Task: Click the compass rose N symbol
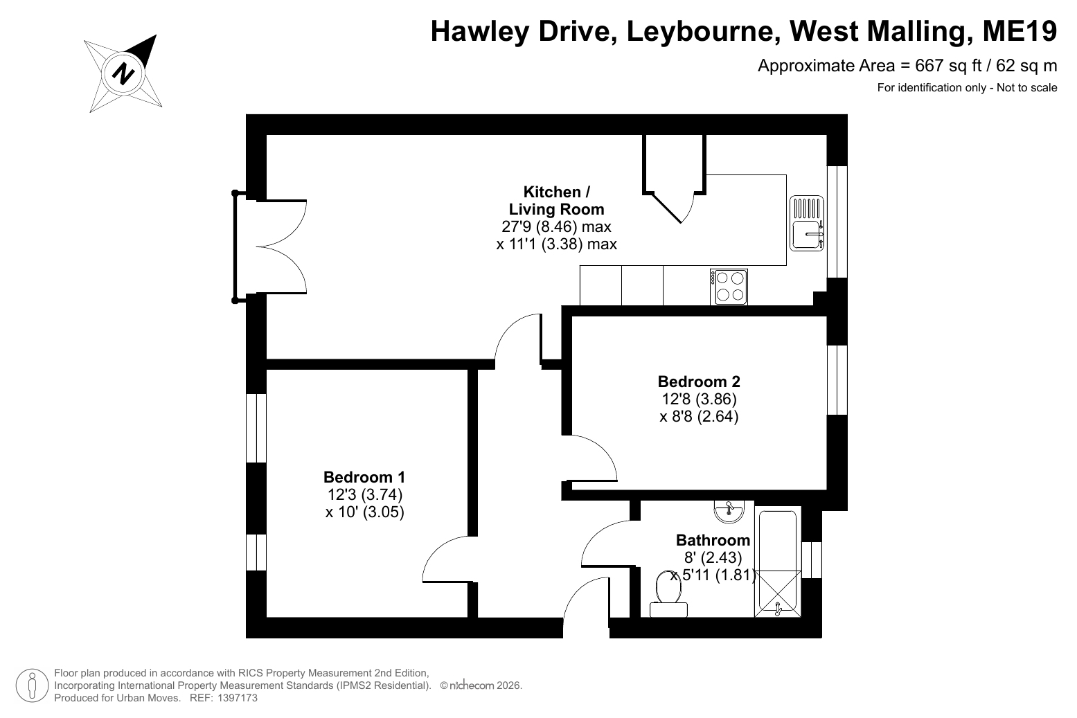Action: (x=123, y=74)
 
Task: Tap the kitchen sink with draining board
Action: (x=807, y=223)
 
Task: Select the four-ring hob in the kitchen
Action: (x=729, y=287)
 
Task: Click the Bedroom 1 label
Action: (x=364, y=477)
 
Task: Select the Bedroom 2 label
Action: (x=699, y=382)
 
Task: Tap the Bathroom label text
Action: (x=713, y=540)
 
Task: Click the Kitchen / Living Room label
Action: (x=556, y=200)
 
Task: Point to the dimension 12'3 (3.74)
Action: (x=364, y=494)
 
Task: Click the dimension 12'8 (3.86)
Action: (x=699, y=399)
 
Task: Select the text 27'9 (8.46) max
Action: (x=556, y=226)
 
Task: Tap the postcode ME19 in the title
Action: (x=1020, y=31)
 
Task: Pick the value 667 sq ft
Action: (x=948, y=65)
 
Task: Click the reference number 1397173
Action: (x=238, y=698)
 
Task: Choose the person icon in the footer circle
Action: (x=33, y=685)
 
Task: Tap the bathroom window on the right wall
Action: (x=812, y=560)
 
